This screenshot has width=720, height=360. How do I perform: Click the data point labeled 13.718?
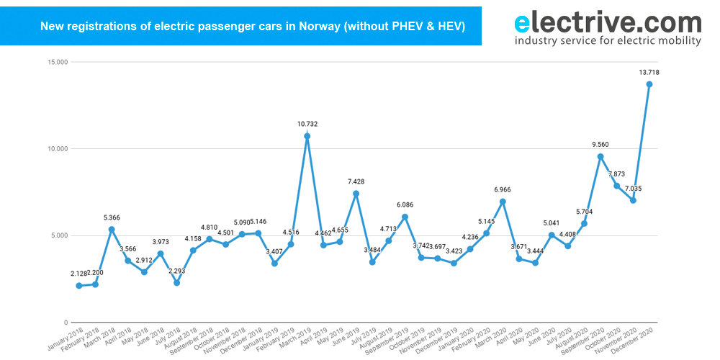pos(649,84)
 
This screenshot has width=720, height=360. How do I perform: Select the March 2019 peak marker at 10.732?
pos(307,136)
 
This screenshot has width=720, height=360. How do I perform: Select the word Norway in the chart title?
pos(317,27)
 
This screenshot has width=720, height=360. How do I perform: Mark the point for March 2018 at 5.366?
pos(112,229)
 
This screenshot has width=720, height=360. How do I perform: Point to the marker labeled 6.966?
pos(503,202)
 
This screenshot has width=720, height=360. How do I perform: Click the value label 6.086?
pos(405,204)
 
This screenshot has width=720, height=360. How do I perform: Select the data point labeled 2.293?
pos(176,282)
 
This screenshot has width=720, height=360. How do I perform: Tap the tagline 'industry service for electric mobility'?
pos(608,41)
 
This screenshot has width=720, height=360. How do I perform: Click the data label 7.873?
pos(617,174)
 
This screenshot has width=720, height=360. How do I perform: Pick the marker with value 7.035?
pos(633,200)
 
